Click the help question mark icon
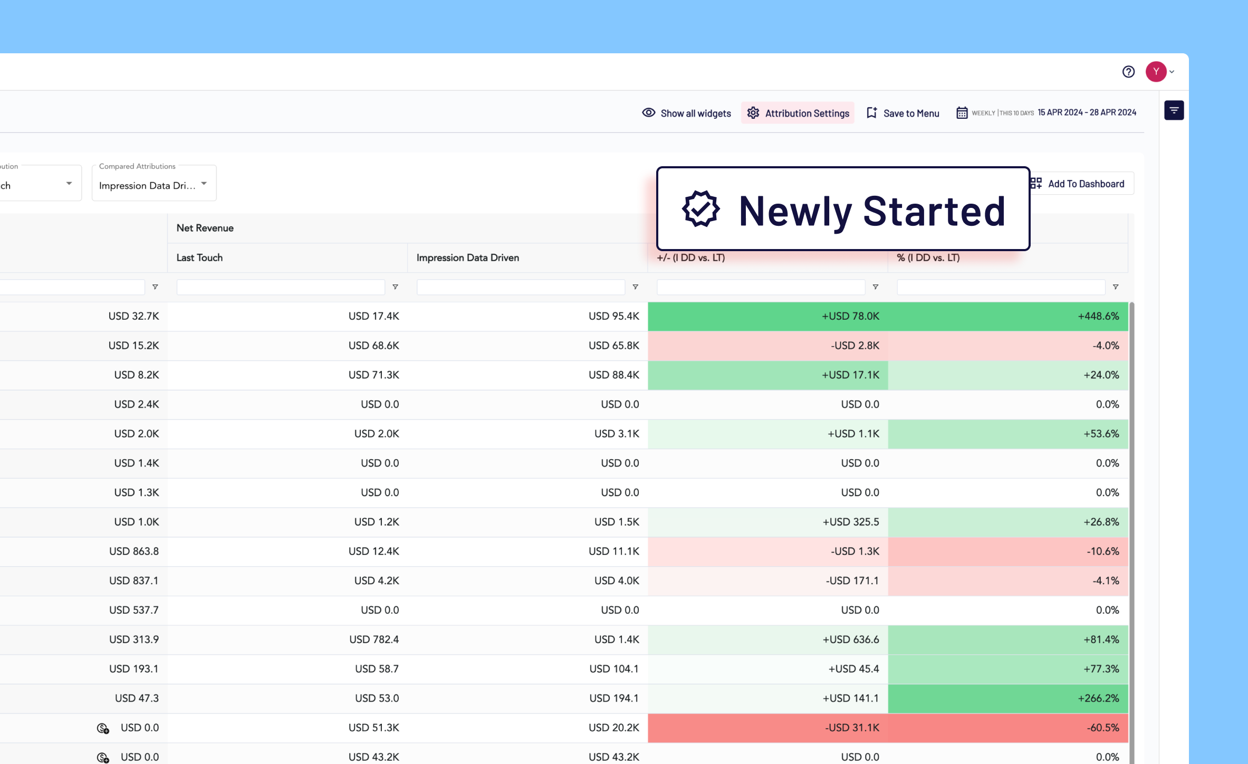[1128, 72]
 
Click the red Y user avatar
[1156, 72]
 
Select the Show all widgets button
[686, 113]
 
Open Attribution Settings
[798, 113]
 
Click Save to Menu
[903, 113]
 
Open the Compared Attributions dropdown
[154, 183]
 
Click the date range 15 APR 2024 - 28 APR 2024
[1087, 112]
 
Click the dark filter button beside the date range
[1174, 110]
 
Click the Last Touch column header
[199, 257]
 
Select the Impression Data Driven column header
[467, 257]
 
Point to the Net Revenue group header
[205, 228]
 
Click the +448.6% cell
[1008, 316]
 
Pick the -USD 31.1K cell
[768, 728]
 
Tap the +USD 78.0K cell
[768, 316]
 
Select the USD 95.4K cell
[527, 316]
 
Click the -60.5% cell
[1008, 728]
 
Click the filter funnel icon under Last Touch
[395, 287]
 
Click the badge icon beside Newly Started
[700, 209]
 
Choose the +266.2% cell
[1008, 698]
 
